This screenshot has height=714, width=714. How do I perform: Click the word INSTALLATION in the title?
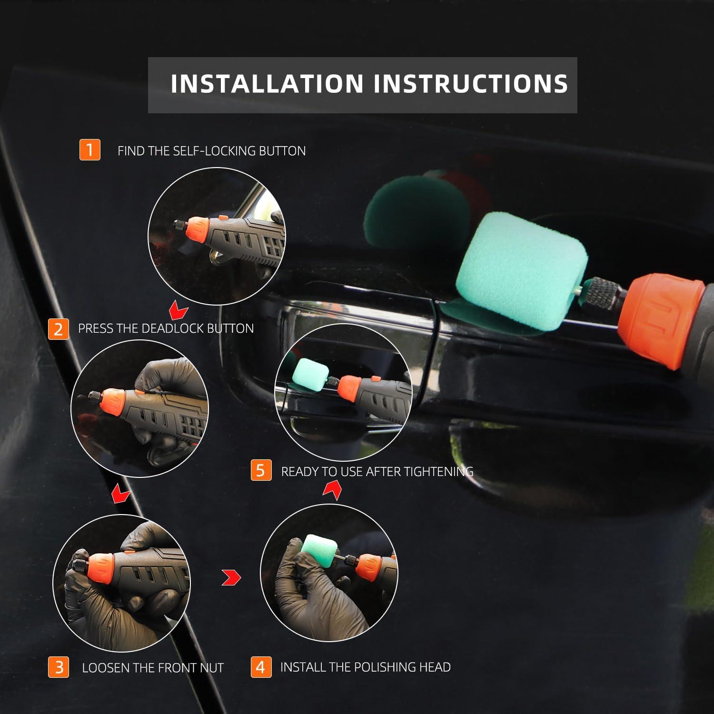tap(267, 84)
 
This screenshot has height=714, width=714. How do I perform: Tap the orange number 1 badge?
tap(89, 149)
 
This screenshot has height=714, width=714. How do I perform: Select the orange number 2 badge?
tap(59, 329)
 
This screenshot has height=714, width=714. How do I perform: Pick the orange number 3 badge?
tap(59, 667)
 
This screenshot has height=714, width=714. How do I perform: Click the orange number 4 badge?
tap(261, 667)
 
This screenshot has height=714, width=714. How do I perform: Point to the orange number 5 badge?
tap(261, 470)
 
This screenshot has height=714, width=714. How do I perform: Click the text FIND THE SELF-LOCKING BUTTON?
tap(211, 151)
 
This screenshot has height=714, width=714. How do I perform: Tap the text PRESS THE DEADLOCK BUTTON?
tap(166, 328)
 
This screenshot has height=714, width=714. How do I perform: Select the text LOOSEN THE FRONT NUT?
tap(152, 668)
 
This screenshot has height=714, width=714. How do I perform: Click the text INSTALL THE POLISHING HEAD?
tap(365, 667)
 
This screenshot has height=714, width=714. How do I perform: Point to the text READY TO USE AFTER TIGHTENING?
tap(377, 471)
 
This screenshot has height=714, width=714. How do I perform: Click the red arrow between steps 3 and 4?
tap(231, 578)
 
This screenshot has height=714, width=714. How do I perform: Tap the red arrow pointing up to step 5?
tap(332, 490)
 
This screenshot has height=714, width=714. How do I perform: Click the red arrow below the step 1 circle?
tap(179, 312)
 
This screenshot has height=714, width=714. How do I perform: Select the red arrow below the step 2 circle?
tap(121, 494)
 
